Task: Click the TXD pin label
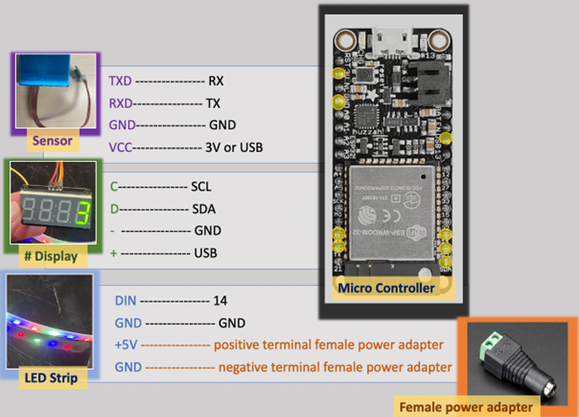pyautogui.click(x=120, y=80)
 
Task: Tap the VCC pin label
pyautogui.click(x=120, y=147)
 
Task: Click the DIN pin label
pyautogui.click(x=125, y=302)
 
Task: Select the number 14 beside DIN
pyautogui.click(x=218, y=302)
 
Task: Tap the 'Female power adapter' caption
pyautogui.click(x=466, y=406)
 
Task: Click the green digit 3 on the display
pyautogui.click(x=82, y=210)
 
